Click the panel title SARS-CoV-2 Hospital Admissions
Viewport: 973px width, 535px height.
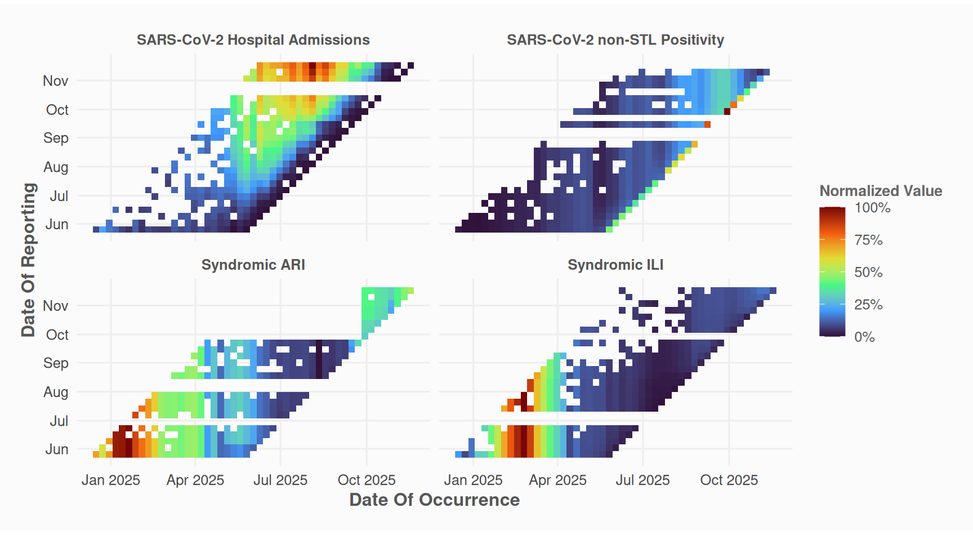[x=253, y=40]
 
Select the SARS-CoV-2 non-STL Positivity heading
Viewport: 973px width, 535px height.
[x=615, y=40]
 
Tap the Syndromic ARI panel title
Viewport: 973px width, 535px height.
[x=253, y=265]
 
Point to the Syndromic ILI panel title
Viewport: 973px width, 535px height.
[x=615, y=265]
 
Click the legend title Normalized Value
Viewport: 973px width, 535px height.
[x=881, y=191]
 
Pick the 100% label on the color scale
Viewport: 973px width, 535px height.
[x=872, y=208]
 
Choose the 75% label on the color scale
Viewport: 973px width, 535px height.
[x=868, y=240]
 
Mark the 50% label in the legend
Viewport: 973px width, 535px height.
[x=868, y=273]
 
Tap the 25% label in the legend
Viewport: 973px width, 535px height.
[x=868, y=305]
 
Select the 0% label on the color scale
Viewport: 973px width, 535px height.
[x=864, y=337]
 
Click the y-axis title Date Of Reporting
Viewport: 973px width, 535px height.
[x=28, y=260]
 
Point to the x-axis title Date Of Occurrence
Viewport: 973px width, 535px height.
[x=434, y=500]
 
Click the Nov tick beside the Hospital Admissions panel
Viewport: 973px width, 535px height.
[x=56, y=81]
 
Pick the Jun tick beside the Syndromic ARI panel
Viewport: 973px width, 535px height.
[x=57, y=449]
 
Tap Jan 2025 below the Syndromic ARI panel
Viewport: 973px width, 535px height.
[x=110, y=480]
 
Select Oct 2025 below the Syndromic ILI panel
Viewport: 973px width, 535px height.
[x=729, y=480]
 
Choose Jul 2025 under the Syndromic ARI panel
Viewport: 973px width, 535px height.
[x=280, y=480]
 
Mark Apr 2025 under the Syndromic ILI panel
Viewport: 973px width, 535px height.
[x=557, y=480]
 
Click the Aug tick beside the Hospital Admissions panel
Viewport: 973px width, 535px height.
[x=56, y=167]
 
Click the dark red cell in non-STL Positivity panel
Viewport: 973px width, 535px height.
[x=727, y=112]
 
